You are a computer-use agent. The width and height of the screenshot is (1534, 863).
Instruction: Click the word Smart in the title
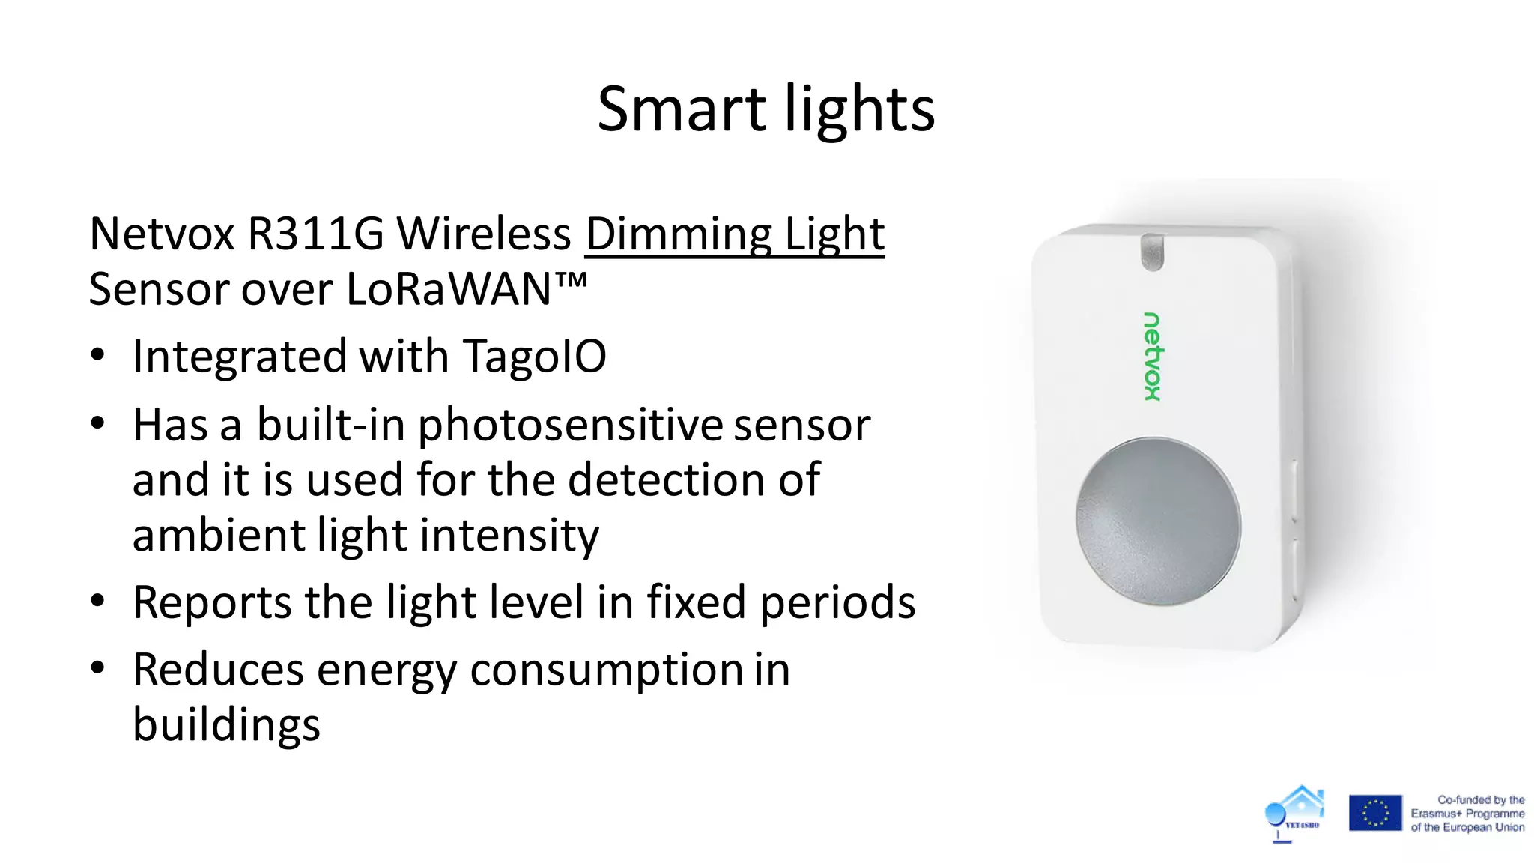[681, 109]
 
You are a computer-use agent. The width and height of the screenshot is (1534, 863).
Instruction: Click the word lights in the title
[860, 109]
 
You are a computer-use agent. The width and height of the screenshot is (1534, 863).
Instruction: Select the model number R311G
[315, 234]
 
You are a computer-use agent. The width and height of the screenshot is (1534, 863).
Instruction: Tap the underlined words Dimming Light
[734, 234]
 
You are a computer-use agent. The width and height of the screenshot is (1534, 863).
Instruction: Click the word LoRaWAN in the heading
[449, 289]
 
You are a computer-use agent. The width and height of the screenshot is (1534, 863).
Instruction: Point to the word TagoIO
[534, 356]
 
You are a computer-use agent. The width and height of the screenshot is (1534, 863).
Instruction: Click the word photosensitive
[570, 426]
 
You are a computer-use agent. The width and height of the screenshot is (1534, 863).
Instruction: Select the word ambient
[218, 535]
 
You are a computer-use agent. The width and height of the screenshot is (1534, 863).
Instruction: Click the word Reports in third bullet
[212, 602]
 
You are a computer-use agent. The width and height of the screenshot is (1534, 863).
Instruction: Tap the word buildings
[226, 724]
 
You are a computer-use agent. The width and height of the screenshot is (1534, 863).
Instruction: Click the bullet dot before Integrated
[97, 355]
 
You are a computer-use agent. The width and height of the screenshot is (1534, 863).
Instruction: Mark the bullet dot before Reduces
[97, 668]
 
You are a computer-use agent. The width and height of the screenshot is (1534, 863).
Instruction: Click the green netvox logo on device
[1152, 357]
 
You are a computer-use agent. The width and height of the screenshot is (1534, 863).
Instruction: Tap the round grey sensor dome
[1158, 521]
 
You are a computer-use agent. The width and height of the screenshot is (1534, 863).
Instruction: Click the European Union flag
[1374, 813]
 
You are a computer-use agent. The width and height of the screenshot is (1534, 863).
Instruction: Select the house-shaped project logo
[1295, 813]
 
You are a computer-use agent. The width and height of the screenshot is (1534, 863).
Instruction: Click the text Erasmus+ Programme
[1467, 814]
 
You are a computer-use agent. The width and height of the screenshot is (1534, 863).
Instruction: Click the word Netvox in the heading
[162, 234]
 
